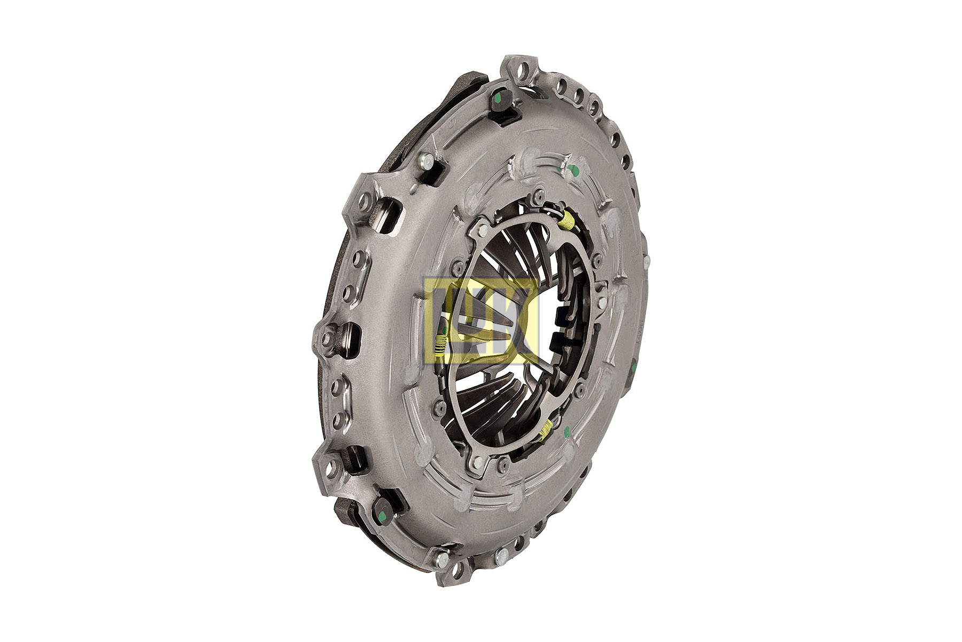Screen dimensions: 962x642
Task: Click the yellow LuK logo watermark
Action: coord(481,320)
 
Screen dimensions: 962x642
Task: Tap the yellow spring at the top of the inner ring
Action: coord(568,220)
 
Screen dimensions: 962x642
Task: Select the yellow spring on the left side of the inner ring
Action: coord(439,343)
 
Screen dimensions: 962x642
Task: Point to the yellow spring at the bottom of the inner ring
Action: coord(545,429)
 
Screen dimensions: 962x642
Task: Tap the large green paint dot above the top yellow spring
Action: coord(573,171)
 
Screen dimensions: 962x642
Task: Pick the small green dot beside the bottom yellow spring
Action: coord(567,432)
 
